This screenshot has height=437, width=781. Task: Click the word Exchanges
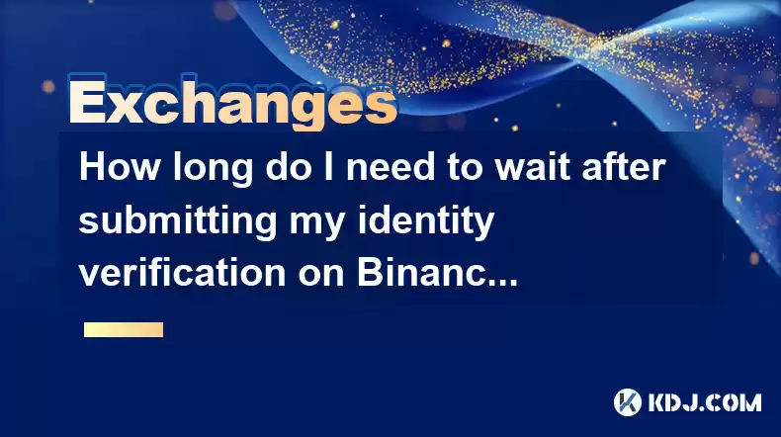click(x=232, y=103)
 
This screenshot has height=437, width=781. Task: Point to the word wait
click(x=533, y=167)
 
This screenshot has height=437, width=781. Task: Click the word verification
click(x=182, y=273)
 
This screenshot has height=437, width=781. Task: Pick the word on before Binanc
click(x=321, y=276)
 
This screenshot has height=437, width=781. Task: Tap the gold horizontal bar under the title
click(x=124, y=330)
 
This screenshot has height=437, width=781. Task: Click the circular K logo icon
click(x=628, y=402)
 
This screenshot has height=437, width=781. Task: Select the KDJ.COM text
click(x=705, y=402)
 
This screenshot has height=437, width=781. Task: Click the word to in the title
click(x=465, y=168)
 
